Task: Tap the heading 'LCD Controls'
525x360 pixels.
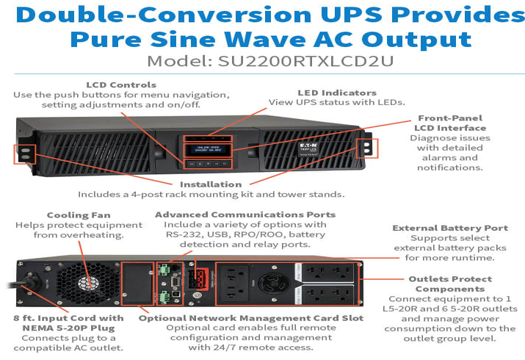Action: pyautogui.click(x=120, y=85)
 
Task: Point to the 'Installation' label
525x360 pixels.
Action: pyautogui.click(x=211, y=184)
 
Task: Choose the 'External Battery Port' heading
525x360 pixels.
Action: pyautogui.click(x=449, y=228)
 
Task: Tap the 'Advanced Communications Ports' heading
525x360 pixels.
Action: pyautogui.click(x=245, y=215)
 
